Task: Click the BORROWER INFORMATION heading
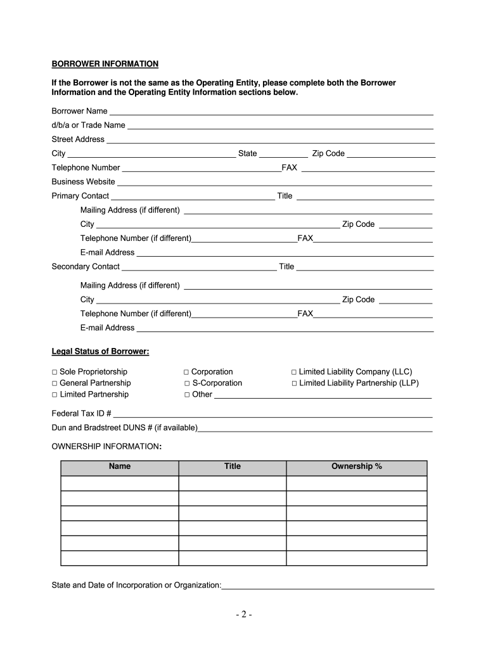[105, 64]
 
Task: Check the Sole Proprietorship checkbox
[55, 372]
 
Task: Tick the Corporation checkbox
[186, 372]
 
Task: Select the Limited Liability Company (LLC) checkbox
[294, 372]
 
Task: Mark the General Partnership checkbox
[55, 383]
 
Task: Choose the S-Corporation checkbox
[187, 383]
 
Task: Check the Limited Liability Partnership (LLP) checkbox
[295, 383]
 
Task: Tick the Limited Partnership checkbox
[55, 395]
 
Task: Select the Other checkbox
[187, 395]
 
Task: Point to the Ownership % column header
[356, 466]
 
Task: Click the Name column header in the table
[120, 466]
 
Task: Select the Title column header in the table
[233, 466]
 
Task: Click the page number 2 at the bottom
[243, 615]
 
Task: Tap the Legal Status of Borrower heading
[100, 352]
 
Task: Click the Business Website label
[83, 182]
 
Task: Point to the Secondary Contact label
[86, 267]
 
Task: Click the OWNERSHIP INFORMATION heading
[106, 447]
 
